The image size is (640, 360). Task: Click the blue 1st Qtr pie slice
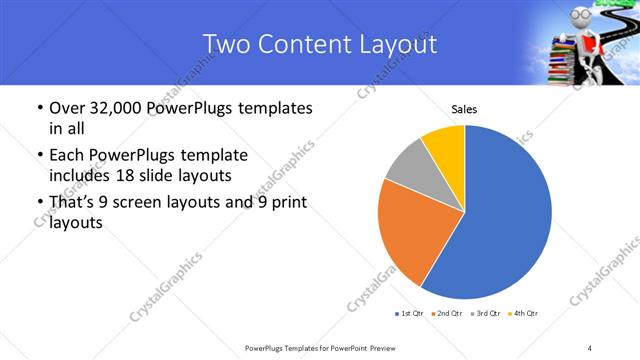[x=510, y=215]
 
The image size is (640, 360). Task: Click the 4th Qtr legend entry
[x=523, y=314]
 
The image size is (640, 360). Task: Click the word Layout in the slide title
[x=397, y=44]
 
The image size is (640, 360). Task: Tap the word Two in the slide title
[x=224, y=44]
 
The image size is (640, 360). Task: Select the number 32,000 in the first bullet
[x=113, y=108]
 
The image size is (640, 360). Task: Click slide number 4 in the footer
[x=591, y=347]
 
